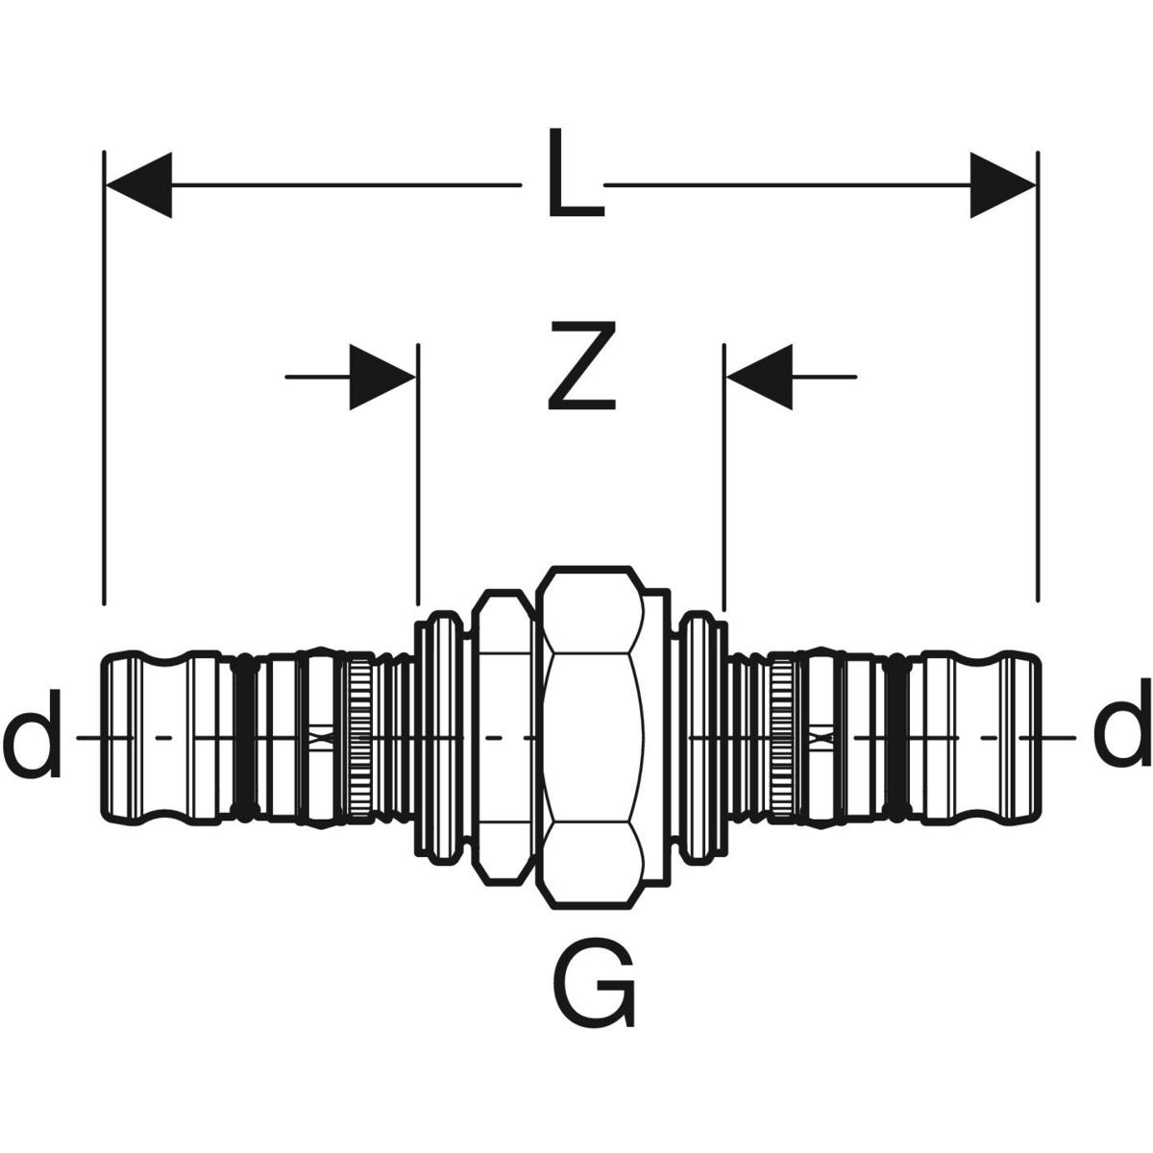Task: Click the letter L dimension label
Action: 576,172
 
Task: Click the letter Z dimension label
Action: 581,366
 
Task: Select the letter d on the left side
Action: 33,733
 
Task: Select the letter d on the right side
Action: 1121,723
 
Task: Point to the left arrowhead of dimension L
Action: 138,185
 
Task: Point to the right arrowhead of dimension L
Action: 1002,185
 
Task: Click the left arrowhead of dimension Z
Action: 382,377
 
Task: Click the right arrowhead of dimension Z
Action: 759,377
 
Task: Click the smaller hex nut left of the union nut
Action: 503,738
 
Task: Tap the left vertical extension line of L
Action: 104,379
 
